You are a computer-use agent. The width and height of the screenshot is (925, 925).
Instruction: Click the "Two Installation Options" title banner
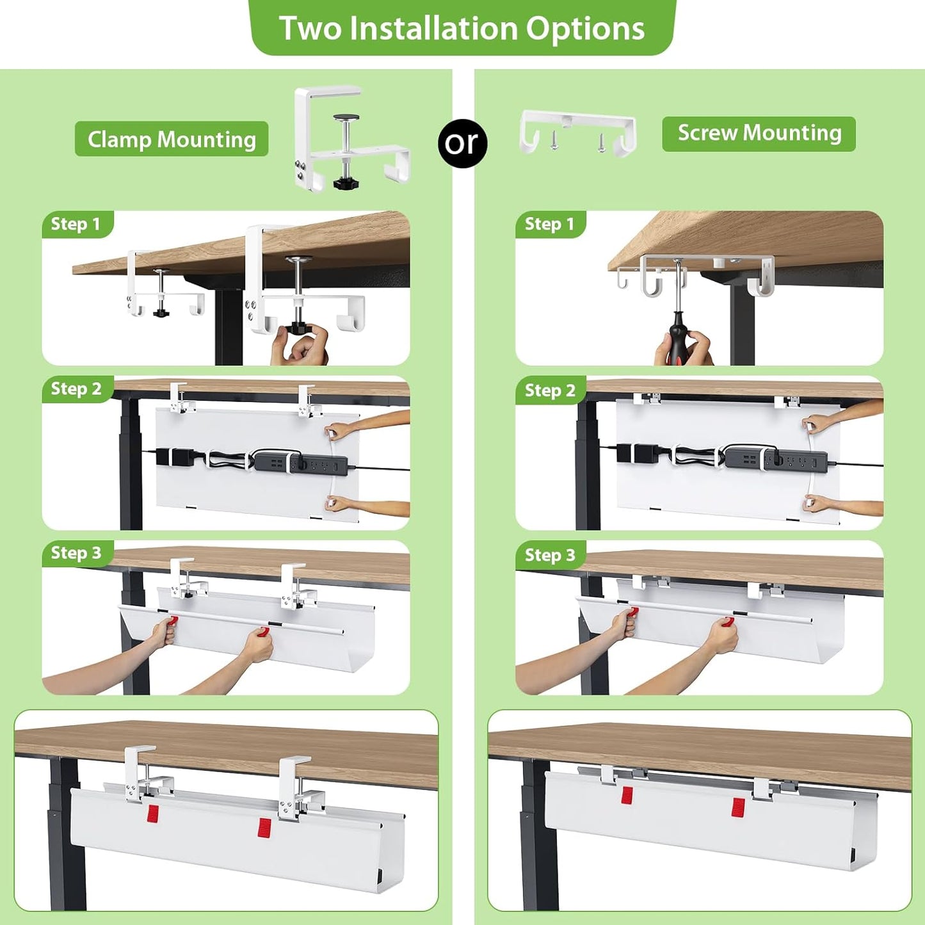coord(462,28)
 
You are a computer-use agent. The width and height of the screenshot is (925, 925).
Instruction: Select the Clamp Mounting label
coord(172,139)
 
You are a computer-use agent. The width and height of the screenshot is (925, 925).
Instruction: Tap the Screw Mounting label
coord(759,133)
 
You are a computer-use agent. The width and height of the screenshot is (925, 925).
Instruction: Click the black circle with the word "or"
coord(462,143)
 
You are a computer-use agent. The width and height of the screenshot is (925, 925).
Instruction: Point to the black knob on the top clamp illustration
coord(346,184)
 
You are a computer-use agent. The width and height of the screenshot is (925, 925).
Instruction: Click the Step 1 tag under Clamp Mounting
coord(77,224)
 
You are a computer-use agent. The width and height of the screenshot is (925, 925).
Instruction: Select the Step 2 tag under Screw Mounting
coord(550,390)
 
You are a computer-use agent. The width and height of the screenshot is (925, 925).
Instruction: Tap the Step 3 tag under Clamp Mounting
coord(77,553)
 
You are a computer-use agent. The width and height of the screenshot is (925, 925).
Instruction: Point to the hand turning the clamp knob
coord(301,348)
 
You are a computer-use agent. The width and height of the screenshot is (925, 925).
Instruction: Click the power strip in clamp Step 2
coord(301,463)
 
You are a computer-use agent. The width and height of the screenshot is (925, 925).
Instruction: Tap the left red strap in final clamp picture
coord(153,814)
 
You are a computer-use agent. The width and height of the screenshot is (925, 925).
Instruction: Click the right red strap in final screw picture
coord(738,807)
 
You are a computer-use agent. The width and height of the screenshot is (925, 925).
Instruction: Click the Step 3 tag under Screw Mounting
coord(550,555)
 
